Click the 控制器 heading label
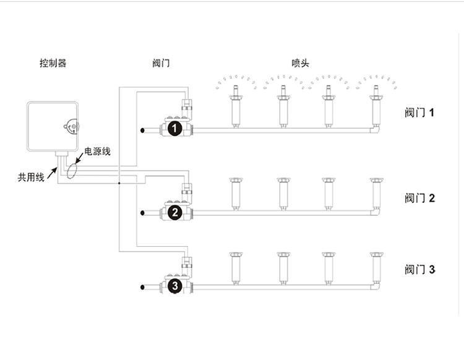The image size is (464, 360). click(53, 63)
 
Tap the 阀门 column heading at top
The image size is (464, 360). click(160, 63)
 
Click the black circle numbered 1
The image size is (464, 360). click(175, 129)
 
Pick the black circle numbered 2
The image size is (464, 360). click(175, 213)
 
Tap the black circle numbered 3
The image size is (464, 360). click(175, 286)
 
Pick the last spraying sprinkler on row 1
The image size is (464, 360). click(375, 105)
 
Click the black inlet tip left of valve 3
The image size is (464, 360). click(143, 286)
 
